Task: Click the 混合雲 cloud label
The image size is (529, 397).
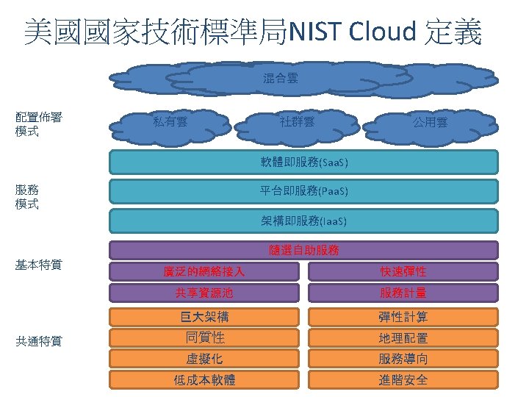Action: [281, 77]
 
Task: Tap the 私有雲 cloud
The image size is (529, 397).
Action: [170, 121]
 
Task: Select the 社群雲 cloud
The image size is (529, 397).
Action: [298, 121]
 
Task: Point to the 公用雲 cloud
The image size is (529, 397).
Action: [430, 122]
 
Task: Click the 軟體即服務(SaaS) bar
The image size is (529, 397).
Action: [303, 162]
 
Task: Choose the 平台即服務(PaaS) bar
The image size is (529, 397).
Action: [303, 191]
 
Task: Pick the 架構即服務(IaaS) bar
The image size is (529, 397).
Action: [303, 221]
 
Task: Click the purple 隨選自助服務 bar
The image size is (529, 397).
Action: [303, 250]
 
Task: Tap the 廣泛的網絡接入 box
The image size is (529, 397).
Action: [204, 271]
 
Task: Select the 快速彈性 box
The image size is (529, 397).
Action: [403, 271]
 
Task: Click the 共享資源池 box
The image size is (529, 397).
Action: [204, 293]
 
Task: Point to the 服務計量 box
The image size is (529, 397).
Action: [403, 293]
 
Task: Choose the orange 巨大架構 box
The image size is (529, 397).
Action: [204, 317]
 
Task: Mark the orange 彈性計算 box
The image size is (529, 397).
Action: [403, 317]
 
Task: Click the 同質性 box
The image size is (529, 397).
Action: [204, 338]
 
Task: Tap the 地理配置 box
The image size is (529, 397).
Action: [403, 338]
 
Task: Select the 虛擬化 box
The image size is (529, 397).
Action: [204, 359]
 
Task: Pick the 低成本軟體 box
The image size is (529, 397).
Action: [204, 380]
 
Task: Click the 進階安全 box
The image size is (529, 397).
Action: [403, 380]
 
